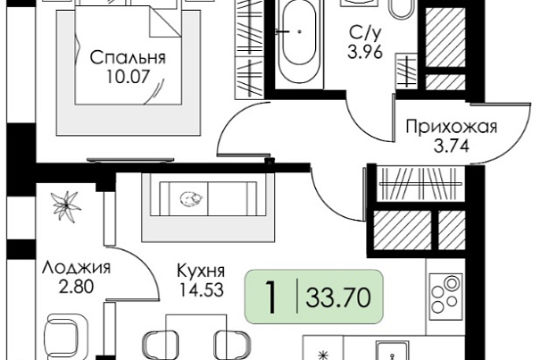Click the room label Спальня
click(x=128, y=58)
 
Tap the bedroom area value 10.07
click(x=128, y=77)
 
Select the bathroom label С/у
click(x=365, y=34)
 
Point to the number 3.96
click(x=365, y=53)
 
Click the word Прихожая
click(x=452, y=127)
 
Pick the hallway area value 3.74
click(x=452, y=147)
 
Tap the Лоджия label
click(x=76, y=268)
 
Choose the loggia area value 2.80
click(x=76, y=287)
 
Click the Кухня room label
click(x=201, y=271)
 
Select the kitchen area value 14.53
click(x=202, y=289)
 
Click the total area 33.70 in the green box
click(x=338, y=297)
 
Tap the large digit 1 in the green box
click(x=271, y=297)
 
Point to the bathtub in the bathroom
click(x=299, y=41)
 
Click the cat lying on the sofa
click(x=192, y=199)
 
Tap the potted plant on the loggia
click(x=65, y=206)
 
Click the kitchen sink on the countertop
click(x=393, y=351)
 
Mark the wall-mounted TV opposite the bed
click(x=130, y=160)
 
